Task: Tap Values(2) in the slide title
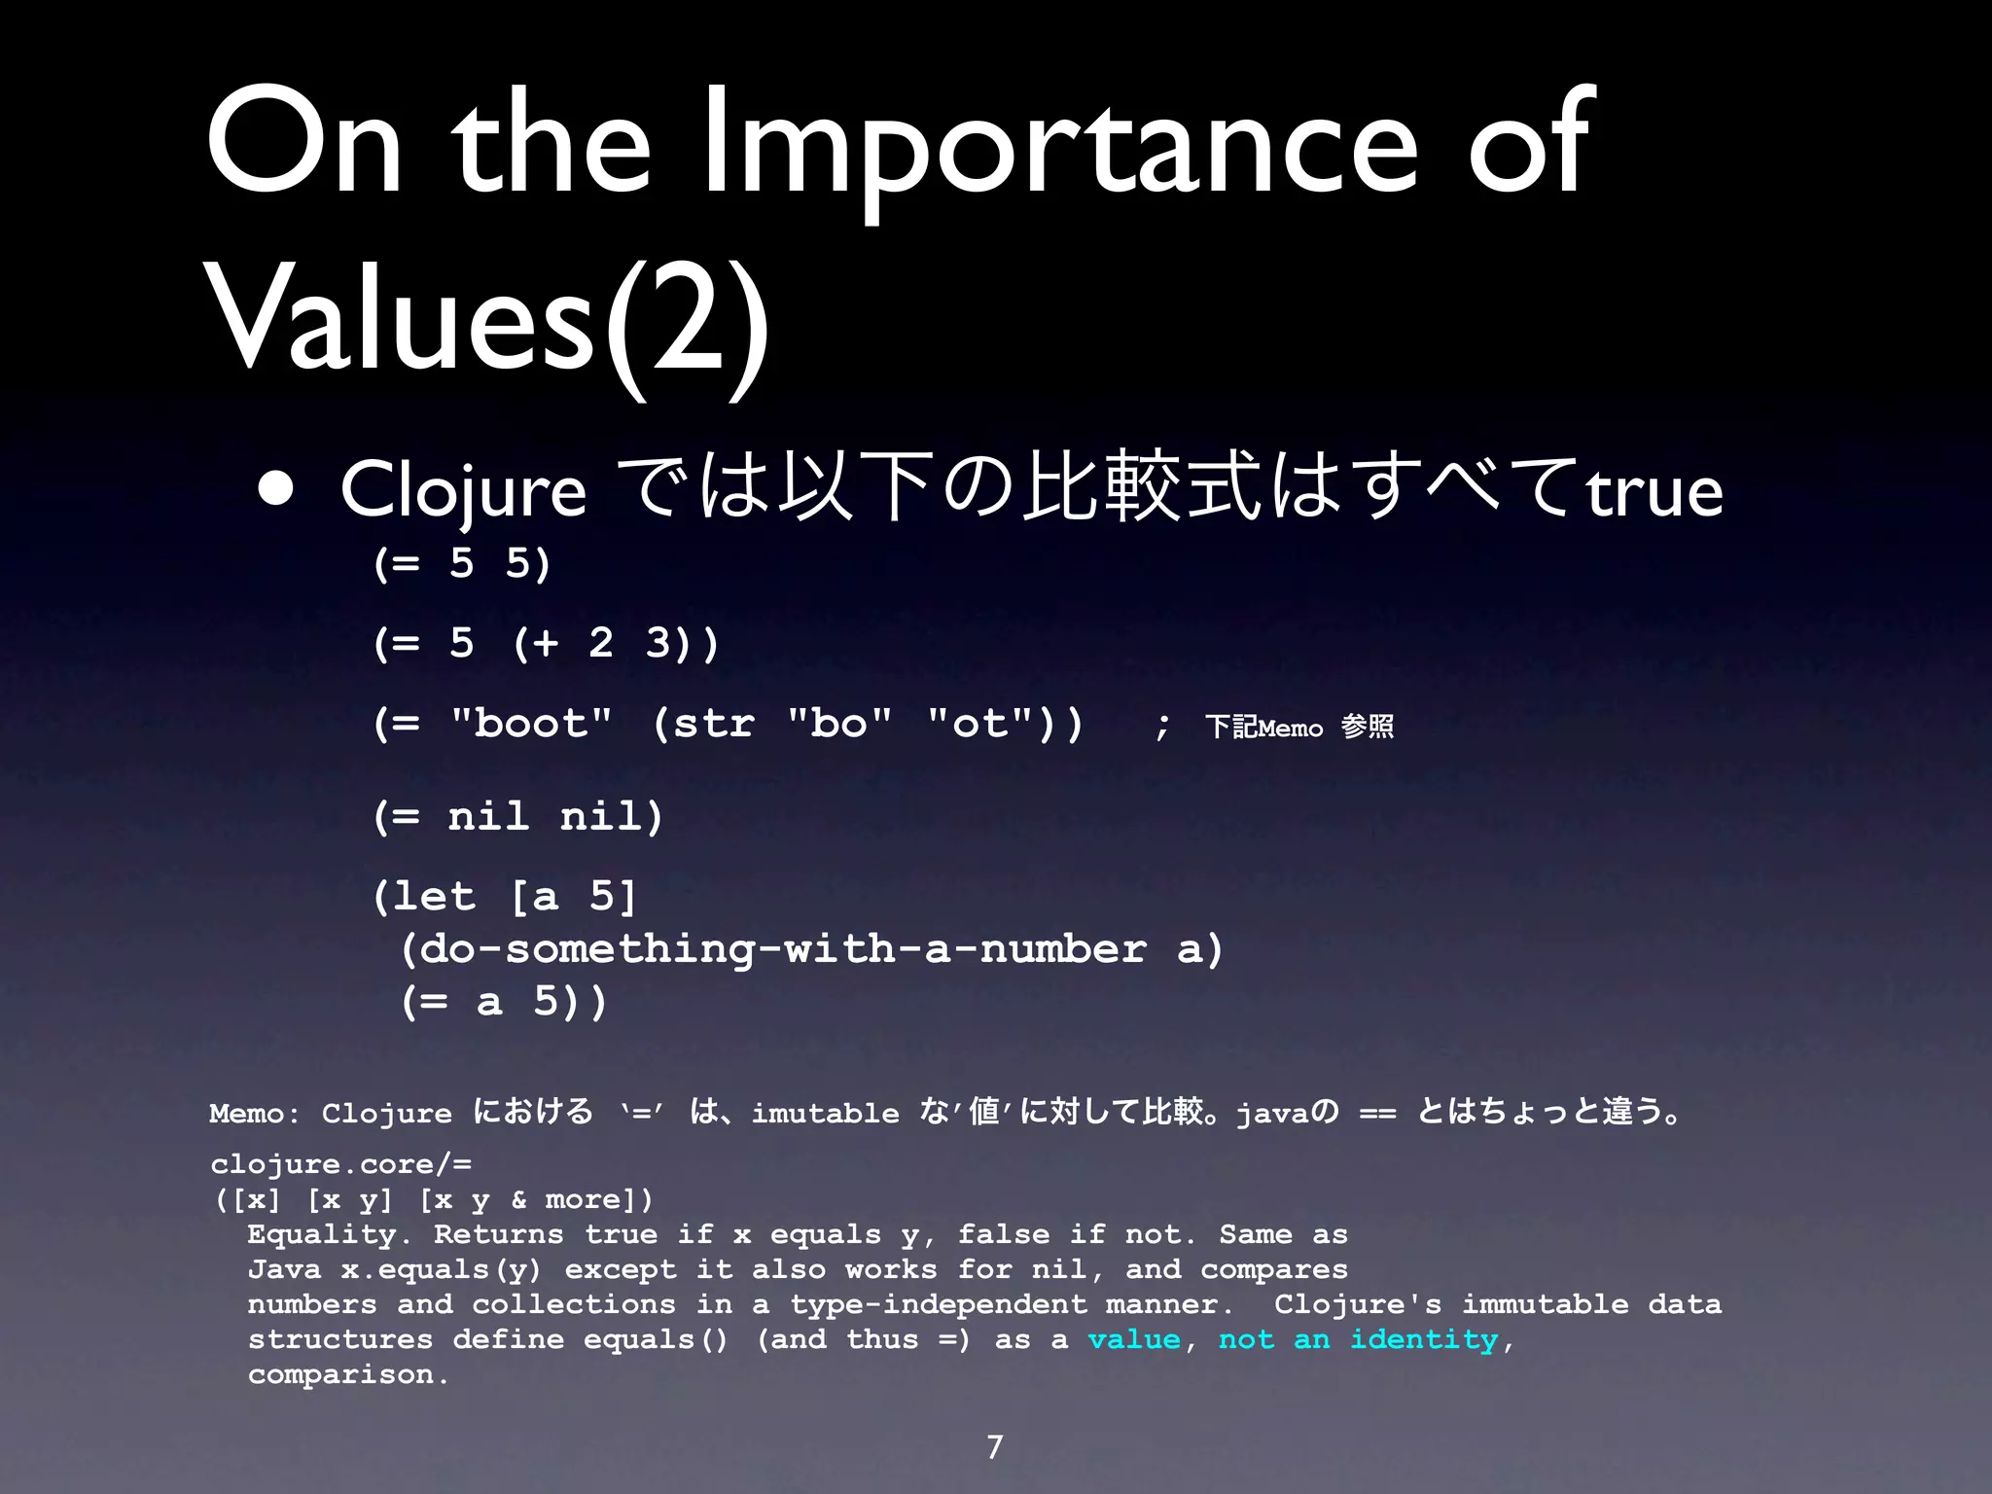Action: click(x=486, y=317)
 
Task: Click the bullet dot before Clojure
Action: click(x=276, y=490)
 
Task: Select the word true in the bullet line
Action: click(x=1654, y=492)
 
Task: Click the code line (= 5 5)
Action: click(x=462, y=564)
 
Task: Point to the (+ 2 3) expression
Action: click(x=616, y=644)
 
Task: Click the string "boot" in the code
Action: click(x=531, y=724)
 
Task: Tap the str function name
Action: click(x=713, y=724)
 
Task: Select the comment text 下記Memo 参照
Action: click(x=1298, y=727)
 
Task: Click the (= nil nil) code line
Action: click(x=517, y=816)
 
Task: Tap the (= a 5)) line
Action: click(x=504, y=1002)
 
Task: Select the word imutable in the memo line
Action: click(x=825, y=1114)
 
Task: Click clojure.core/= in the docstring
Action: click(x=340, y=1164)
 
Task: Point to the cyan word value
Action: click(x=1134, y=1340)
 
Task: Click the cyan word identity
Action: click(x=1424, y=1340)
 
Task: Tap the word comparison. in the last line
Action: click(x=348, y=1375)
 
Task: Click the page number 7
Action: click(x=994, y=1447)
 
